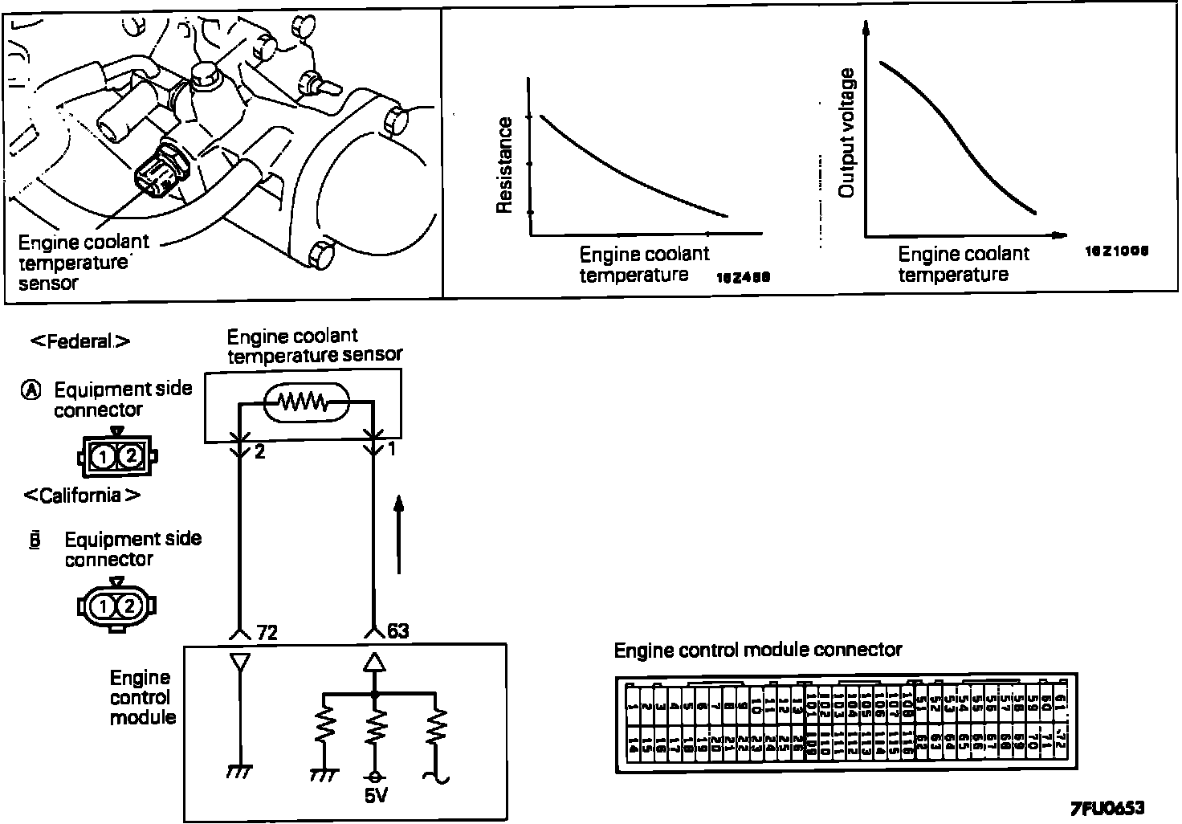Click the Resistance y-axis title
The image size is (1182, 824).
[504, 165]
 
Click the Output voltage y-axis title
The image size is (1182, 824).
[846, 133]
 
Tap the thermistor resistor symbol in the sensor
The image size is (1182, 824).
[303, 401]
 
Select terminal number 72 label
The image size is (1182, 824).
[267, 632]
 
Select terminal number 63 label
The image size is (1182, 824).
[397, 630]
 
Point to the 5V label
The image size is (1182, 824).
[374, 796]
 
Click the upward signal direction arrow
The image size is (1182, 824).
[399, 534]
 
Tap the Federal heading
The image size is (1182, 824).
[80, 341]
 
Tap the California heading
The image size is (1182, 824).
[82, 496]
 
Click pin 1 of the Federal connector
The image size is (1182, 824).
[103, 457]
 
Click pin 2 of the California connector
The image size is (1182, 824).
[131, 606]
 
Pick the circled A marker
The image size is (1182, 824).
[31, 390]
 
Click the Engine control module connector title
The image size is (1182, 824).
[757, 650]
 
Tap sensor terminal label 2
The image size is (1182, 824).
[259, 451]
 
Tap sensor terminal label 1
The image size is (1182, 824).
[392, 449]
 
